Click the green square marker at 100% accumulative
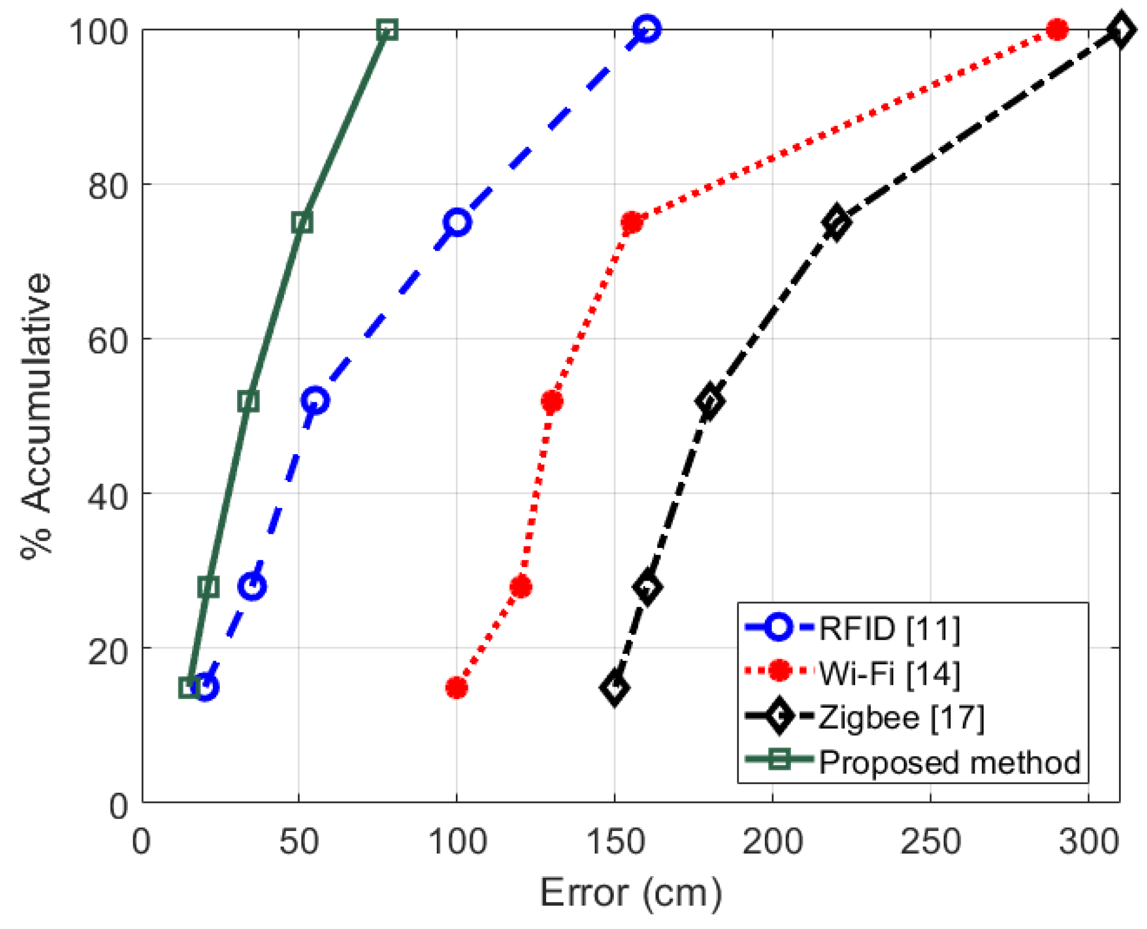pos(387,30)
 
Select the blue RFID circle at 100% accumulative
pos(647,29)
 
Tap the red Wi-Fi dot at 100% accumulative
pos(1057,29)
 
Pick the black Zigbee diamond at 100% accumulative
pos(1120,30)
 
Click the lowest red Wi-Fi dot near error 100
pos(456,688)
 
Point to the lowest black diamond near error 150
pos(615,688)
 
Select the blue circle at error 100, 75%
pos(457,222)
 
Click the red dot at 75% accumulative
pos(631,223)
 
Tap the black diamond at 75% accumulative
pos(836,222)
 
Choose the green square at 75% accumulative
pos(302,223)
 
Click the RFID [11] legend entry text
pos(889,628)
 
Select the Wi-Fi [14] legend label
pos(889,673)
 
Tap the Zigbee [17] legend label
pos(901,717)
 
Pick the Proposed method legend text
pos(949,763)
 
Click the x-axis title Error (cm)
pos(631,893)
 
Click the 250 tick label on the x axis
pos(930,842)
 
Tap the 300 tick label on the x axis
pos(1088,842)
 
